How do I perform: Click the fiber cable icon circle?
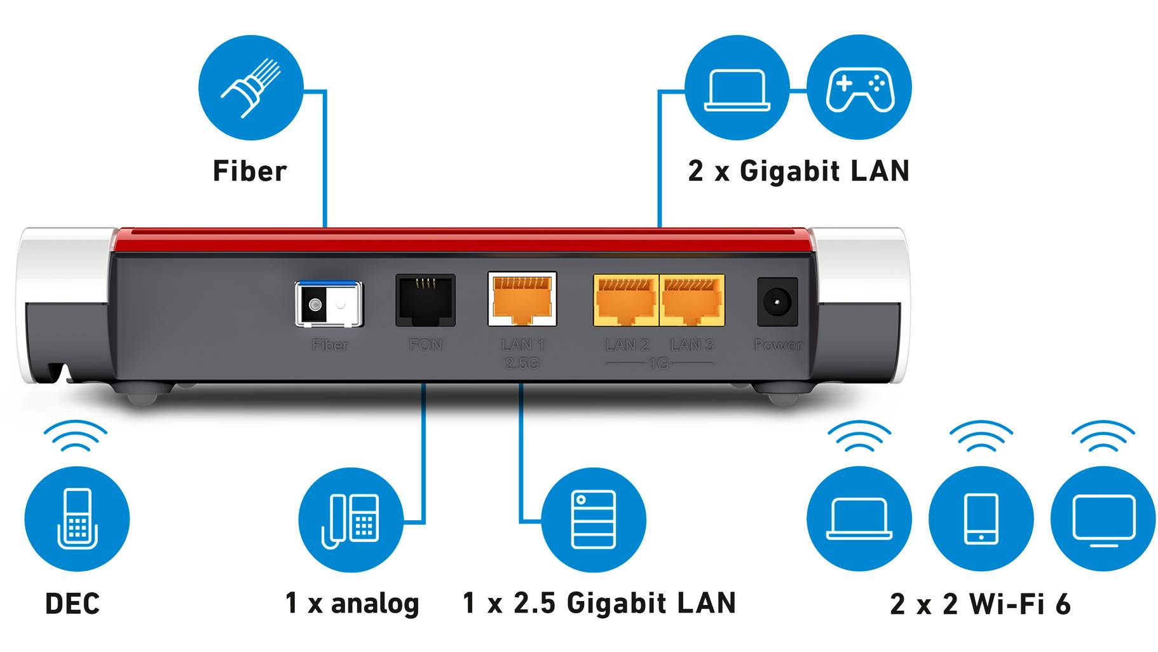pos(250,88)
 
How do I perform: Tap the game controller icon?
pos(859,88)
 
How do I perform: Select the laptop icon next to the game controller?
pos(737,88)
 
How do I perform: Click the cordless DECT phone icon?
pos(77,518)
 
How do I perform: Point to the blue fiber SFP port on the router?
pos(329,304)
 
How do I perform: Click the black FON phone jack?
pos(425,300)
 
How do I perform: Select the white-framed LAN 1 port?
pos(522,299)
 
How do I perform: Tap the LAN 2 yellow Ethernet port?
pos(625,300)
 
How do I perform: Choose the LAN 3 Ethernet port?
pos(693,300)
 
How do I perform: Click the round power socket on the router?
pos(777,302)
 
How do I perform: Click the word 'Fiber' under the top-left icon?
pos(250,171)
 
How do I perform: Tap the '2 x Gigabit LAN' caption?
pos(798,171)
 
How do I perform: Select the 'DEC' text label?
pos(72,604)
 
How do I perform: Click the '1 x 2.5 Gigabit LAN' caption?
pos(599,603)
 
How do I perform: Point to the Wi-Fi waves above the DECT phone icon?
pos(76,435)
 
